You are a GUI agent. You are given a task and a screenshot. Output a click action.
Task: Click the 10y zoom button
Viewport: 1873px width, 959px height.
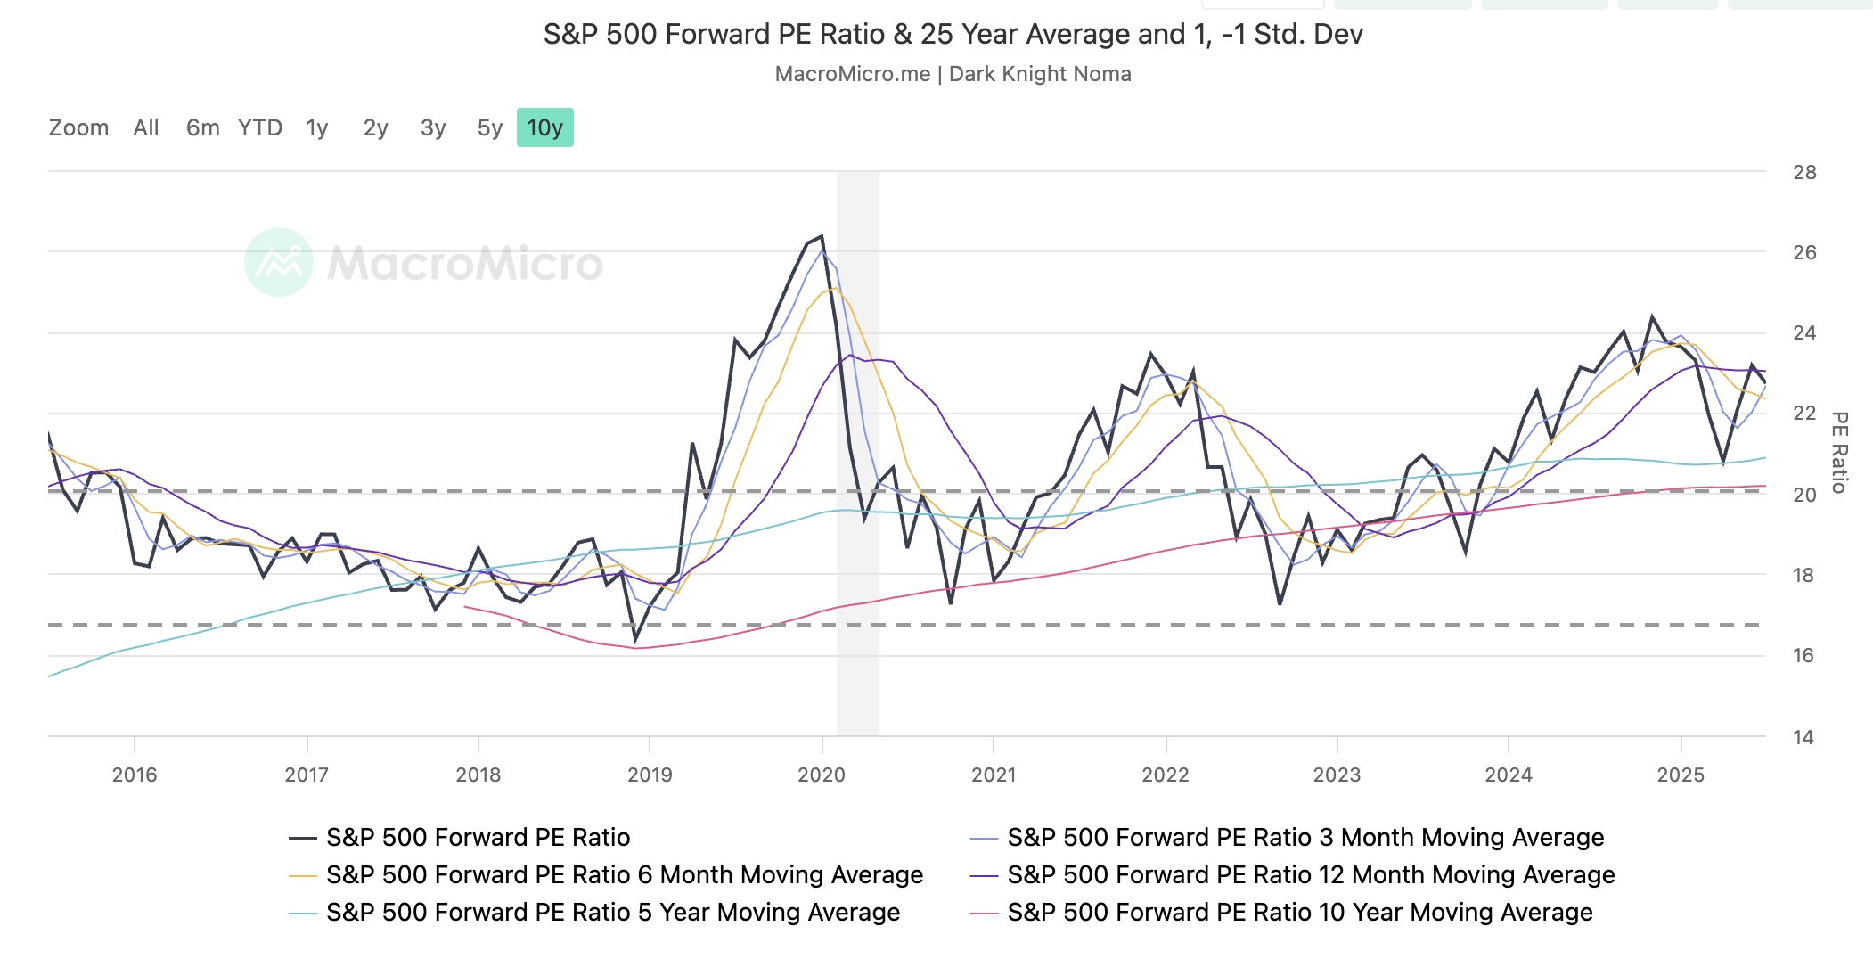(544, 128)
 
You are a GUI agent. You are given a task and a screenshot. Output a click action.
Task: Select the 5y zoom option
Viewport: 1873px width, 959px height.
(489, 128)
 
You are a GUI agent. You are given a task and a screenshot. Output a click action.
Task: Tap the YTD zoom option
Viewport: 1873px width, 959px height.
(259, 128)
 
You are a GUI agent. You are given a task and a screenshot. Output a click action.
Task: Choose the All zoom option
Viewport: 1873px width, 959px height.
(146, 128)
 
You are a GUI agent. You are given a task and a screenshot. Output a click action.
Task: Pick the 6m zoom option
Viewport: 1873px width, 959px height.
(202, 128)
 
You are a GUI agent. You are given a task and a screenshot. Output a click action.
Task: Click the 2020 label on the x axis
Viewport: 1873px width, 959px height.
(822, 775)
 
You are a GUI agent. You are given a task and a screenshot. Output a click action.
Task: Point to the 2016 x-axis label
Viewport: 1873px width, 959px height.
(135, 775)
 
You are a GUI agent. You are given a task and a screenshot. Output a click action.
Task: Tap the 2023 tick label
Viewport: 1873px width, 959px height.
(1337, 775)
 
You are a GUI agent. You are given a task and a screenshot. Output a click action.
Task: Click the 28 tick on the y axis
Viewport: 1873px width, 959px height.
(1804, 173)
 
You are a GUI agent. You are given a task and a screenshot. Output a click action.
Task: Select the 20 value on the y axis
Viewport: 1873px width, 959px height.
(1804, 495)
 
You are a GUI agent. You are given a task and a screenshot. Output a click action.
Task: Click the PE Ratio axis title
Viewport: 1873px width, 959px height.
(1839, 452)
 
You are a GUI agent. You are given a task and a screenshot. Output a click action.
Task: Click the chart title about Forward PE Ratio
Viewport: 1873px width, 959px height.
(953, 35)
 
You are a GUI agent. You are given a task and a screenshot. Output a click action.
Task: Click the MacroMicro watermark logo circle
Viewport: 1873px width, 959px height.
(279, 262)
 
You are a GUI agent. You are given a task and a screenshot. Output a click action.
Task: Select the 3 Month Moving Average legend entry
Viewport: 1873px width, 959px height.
(1305, 838)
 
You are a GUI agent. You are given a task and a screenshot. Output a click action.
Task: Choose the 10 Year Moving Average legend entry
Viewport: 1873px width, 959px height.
(1299, 913)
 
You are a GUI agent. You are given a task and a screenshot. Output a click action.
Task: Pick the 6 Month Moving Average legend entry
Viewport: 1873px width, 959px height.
(624, 875)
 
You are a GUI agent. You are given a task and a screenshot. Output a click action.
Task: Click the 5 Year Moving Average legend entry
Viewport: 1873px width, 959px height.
(612, 913)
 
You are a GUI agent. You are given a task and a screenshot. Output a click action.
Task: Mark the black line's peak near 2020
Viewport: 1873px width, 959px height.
(821, 236)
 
